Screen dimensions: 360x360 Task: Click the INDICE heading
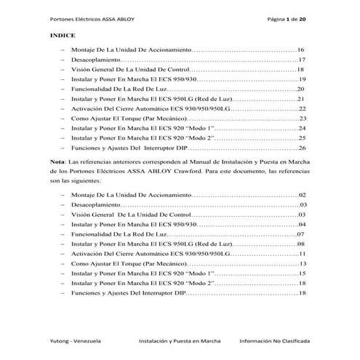tap(63, 34)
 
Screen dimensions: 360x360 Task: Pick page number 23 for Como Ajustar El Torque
tap(303, 118)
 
